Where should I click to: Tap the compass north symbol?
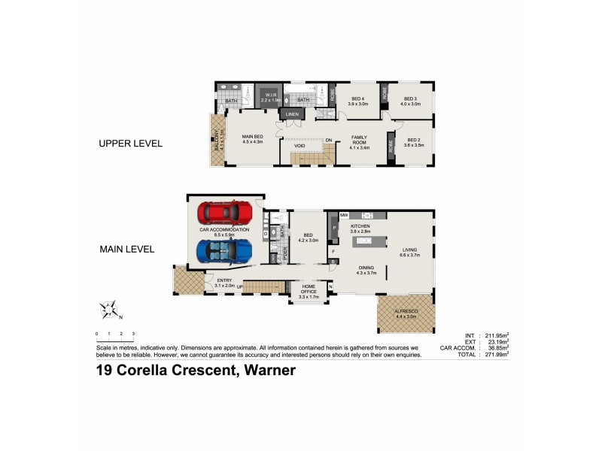click(x=109, y=309)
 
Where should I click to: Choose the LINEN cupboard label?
click(x=292, y=114)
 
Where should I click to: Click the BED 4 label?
click(x=357, y=101)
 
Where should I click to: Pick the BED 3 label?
click(x=410, y=101)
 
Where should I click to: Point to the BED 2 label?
click(x=414, y=141)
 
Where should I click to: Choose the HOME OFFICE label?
click(x=309, y=288)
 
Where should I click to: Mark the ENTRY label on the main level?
click(x=225, y=281)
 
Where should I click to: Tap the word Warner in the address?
click(x=266, y=370)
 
